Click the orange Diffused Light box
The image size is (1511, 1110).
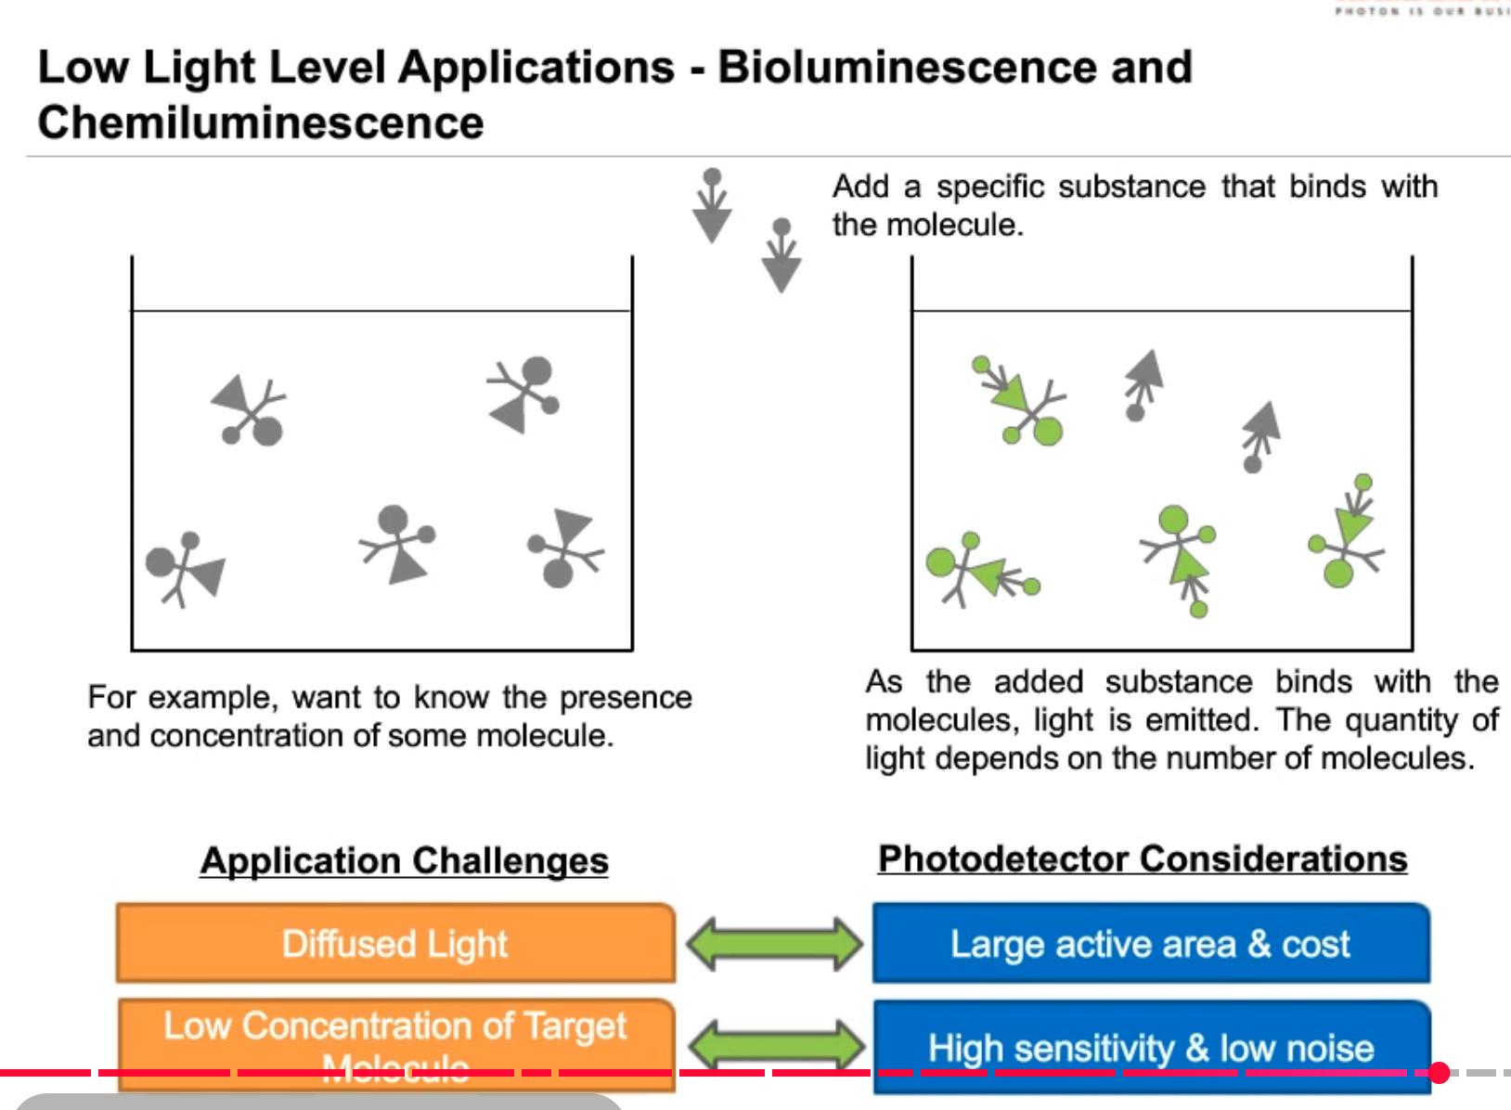395,943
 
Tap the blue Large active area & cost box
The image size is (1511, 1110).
1150,943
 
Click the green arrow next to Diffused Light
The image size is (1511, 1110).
774,944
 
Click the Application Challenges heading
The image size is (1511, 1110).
405,860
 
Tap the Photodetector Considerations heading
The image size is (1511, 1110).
1143,858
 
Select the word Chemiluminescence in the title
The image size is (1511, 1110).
261,123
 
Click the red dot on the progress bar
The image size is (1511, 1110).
1439,1073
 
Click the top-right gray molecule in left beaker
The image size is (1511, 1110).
525,394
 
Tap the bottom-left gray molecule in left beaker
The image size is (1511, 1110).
186,567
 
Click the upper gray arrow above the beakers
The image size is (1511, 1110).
712,206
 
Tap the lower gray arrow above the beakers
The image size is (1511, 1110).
781,256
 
